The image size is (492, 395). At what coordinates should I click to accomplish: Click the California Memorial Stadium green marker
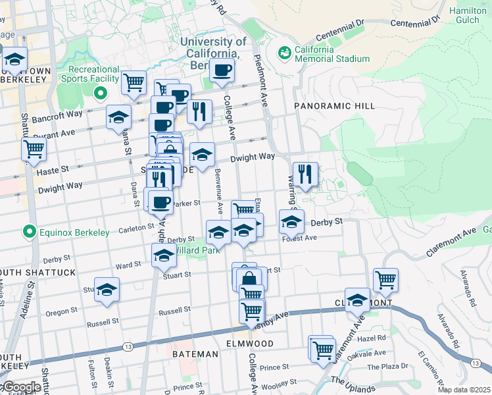[x=285, y=52]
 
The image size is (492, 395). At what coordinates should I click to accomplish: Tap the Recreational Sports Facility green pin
[x=100, y=93]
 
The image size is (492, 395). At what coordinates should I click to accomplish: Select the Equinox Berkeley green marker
[x=28, y=232]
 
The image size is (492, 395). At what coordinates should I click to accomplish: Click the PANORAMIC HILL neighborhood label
[x=334, y=106]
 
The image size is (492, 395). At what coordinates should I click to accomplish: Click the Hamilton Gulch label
[x=467, y=16]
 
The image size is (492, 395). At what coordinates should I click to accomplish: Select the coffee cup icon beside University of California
[x=222, y=70]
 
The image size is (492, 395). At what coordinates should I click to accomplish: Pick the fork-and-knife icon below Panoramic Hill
[x=305, y=174]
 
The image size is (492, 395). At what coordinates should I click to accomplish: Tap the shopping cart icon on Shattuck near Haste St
[x=34, y=148]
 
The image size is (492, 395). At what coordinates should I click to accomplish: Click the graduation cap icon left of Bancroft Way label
[x=119, y=117]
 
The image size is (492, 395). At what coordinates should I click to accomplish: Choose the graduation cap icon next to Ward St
[x=164, y=255]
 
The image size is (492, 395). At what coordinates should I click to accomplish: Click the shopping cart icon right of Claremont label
[x=385, y=278]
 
